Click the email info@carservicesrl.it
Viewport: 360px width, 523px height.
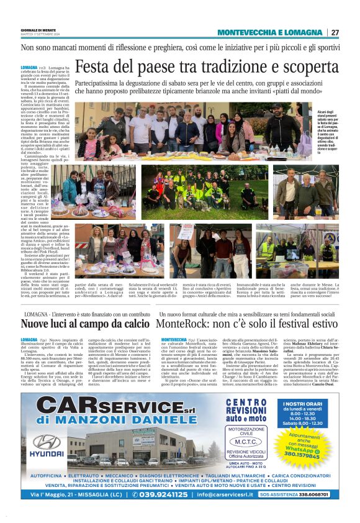tap(235, 494)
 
